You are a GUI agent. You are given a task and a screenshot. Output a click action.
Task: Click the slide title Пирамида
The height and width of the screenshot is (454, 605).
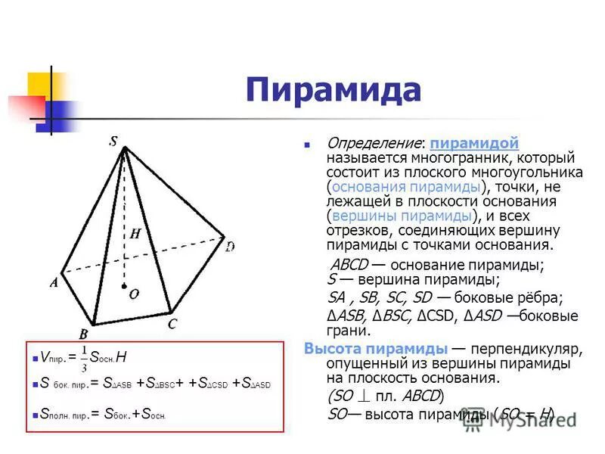click(333, 90)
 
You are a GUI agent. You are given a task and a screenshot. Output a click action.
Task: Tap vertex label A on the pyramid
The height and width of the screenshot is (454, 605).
click(54, 282)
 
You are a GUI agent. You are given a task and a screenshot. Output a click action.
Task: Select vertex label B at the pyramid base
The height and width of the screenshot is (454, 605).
click(83, 333)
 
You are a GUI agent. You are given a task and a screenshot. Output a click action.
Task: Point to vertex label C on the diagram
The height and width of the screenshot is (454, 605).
click(172, 324)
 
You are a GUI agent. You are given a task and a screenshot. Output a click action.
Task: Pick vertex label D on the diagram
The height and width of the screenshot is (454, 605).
click(230, 247)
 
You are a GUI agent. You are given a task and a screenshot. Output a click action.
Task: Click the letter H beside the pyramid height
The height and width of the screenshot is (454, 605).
click(135, 234)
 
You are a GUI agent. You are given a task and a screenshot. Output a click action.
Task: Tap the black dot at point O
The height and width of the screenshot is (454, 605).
click(125, 287)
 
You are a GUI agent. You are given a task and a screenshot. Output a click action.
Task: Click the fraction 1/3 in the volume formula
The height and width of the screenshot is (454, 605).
click(84, 359)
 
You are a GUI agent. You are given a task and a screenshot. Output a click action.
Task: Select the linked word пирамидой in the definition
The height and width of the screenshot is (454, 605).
click(473, 144)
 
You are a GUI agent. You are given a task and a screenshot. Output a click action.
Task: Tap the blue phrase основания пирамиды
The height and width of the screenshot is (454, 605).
click(406, 186)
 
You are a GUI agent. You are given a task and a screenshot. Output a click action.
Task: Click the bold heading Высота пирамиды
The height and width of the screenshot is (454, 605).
click(376, 350)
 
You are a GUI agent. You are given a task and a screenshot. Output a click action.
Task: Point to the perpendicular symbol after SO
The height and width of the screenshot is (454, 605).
click(364, 396)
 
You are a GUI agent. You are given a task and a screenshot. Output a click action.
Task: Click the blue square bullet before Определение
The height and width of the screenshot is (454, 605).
click(307, 144)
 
